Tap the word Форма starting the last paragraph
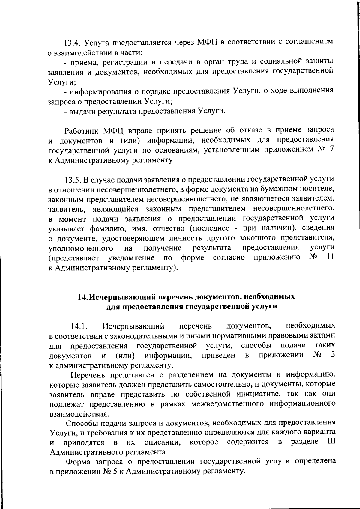point(78,462)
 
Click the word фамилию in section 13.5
point(104,229)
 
